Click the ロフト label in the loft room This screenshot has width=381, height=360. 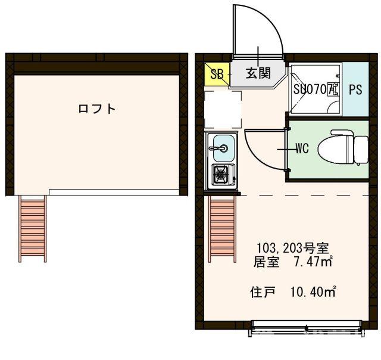pos(96,108)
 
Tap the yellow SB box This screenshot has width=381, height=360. pos(217,75)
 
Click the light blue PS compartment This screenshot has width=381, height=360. pos(355,90)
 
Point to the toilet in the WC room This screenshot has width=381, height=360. pos(343,148)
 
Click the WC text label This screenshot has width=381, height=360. pos(302,149)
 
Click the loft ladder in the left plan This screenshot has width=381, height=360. pos(32,228)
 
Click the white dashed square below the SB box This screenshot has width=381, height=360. pos(223,109)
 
